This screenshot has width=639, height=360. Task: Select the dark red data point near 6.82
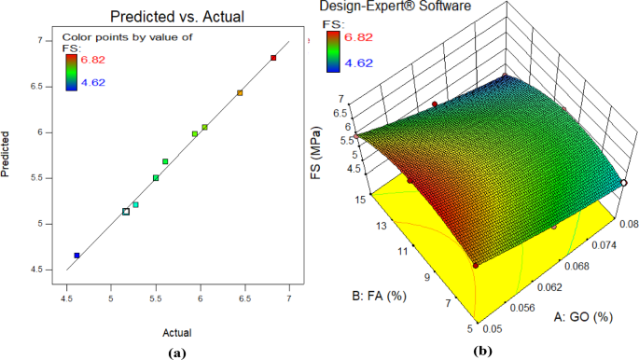point(273,58)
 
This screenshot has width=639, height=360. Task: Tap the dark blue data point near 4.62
point(76,255)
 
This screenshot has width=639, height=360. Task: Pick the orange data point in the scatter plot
point(240,93)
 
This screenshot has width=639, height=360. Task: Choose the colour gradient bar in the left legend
point(70,71)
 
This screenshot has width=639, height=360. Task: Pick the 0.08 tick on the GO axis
point(627,224)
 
